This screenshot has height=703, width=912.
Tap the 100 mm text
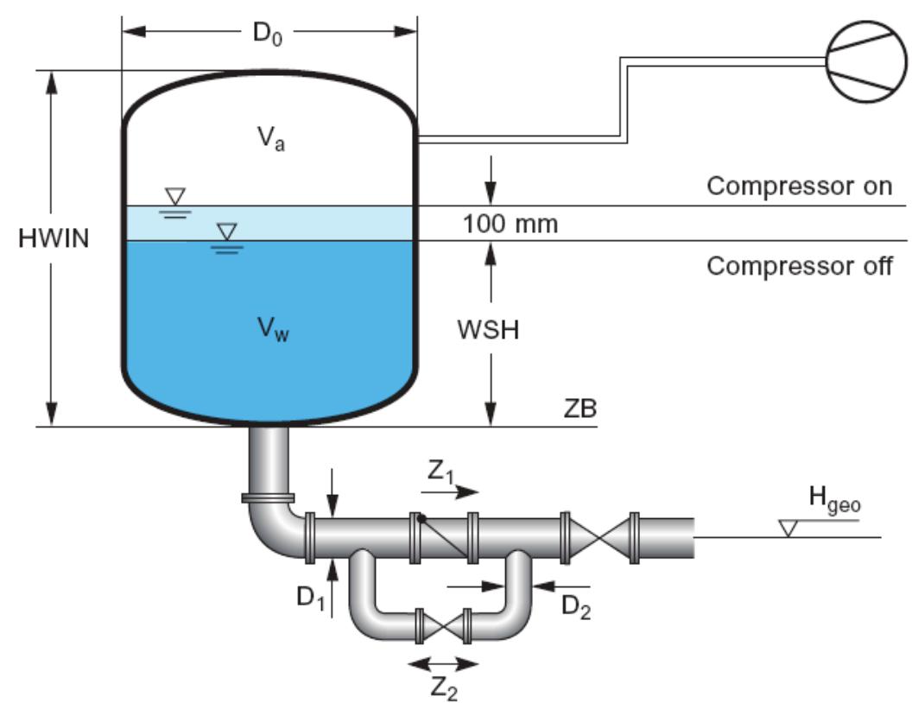[510, 225]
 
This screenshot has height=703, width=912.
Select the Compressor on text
[799, 187]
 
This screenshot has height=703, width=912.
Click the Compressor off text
[799, 266]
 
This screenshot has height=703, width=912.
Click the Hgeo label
[834, 502]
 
